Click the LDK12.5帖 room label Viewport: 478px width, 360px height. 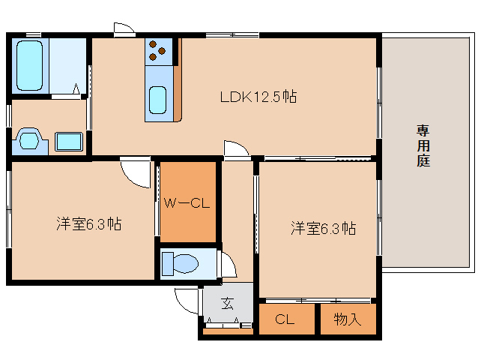(x=258, y=97)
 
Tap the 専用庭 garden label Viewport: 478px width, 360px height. (x=423, y=145)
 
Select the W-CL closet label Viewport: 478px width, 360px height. (x=187, y=203)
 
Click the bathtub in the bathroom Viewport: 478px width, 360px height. (x=29, y=65)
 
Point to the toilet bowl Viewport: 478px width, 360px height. (x=180, y=263)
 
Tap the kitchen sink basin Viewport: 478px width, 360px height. (x=157, y=100)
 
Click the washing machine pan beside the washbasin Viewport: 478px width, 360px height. (x=69, y=142)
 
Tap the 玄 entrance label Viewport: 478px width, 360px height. (x=228, y=303)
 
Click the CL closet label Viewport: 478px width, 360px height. (x=285, y=319)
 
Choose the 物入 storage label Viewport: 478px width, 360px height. (x=347, y=319)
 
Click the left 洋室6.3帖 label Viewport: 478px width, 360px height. (x=88, y=224)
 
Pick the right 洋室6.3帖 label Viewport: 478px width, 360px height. (x=323, y=228)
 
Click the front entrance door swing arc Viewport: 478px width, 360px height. (x=180, y=305)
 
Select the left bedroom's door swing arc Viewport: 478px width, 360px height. (x=131, y=178)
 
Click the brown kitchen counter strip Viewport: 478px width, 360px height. (x=178, y=80)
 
